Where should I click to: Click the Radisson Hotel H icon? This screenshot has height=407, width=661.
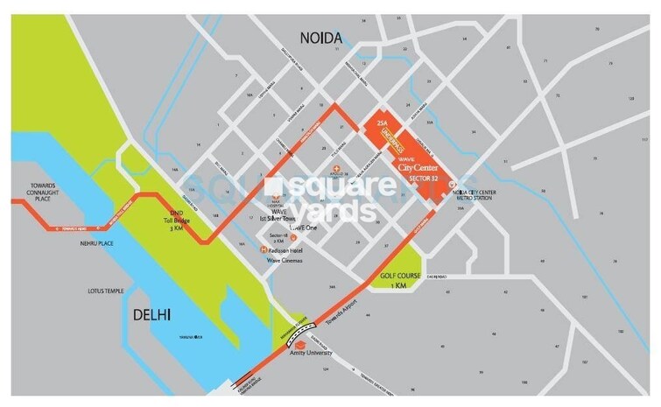264,252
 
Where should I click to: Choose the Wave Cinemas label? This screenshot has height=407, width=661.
292,260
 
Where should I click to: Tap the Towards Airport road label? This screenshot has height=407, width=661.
343,323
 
